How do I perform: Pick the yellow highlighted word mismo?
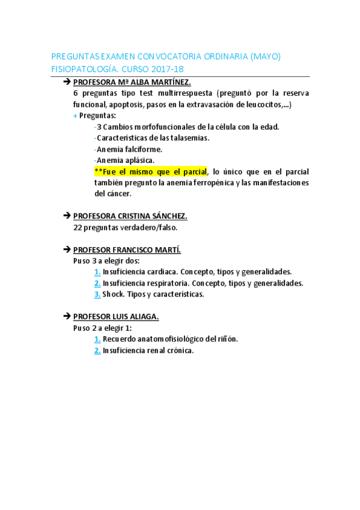point(139,171)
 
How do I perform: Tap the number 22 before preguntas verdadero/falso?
point(77,227)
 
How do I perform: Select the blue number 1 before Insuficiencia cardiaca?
point(97,272)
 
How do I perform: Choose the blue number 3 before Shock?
point(97,294)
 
